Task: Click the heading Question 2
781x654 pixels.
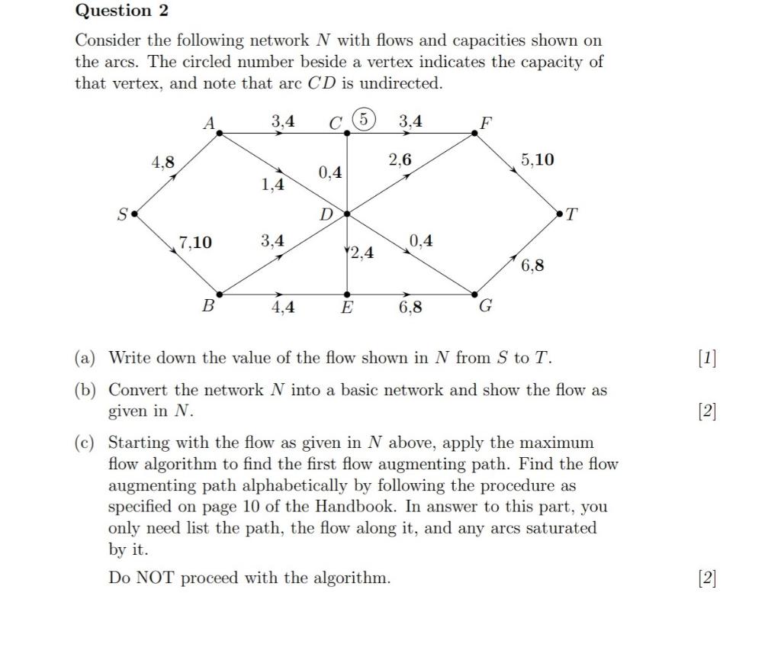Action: tap(122, 11)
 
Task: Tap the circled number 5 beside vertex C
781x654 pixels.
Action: tap(365, 119)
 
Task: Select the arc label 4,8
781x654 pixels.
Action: tap(162, 162)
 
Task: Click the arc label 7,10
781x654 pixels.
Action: tap(195, 243)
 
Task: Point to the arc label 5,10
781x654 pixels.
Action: tap(538, 159)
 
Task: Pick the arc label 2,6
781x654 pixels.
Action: tap(400, 159)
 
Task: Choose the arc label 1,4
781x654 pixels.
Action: tap(272, 184)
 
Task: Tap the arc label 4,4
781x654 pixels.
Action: tap(283, 308)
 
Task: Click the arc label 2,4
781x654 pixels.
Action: tap(362, 253)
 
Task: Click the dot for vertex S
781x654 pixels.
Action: tap(135, 214)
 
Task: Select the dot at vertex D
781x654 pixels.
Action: tap(347, 214)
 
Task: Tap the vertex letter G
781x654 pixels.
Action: tap(485, 307)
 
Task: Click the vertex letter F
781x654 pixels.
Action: tap(486, 121)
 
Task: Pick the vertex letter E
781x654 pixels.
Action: tap(347, 308)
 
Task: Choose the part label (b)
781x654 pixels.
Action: tap(85, 390)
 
